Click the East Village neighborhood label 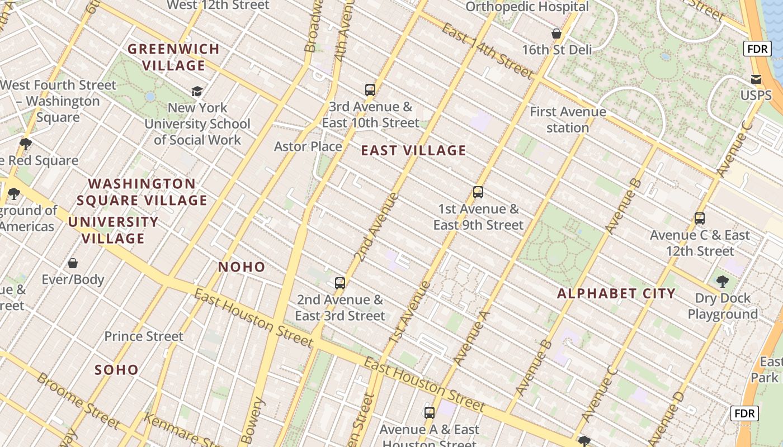[x=413, y=150]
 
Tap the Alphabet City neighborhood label [x=616, y=293]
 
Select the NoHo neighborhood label [x=242, y=267]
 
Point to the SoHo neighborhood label [x=116, y=370]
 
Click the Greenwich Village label [x=173, y=57]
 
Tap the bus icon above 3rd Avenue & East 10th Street [x=370, y=89]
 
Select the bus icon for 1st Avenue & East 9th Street [x=478, y=192]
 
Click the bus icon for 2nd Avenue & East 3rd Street [x=339, y=283]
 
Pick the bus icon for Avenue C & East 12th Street [x=700, y=218]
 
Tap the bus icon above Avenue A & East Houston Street [x=429, y=413]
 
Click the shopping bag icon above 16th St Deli [x=556, y=34]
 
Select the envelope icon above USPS [x=756, y=79]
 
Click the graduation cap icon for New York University [x=197, y=91]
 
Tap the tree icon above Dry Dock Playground [x=722, y=281]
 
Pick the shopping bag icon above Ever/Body [x=73, y=263]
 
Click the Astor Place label [x=308, y=146]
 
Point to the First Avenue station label [x=568, y=120]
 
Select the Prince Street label [x=144, y=336]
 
